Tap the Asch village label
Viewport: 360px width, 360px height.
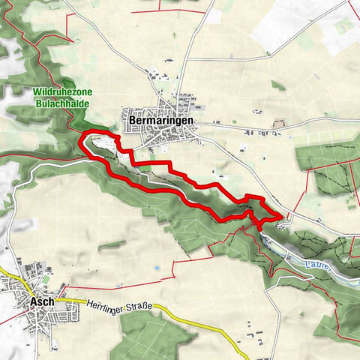coord(42,301)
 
